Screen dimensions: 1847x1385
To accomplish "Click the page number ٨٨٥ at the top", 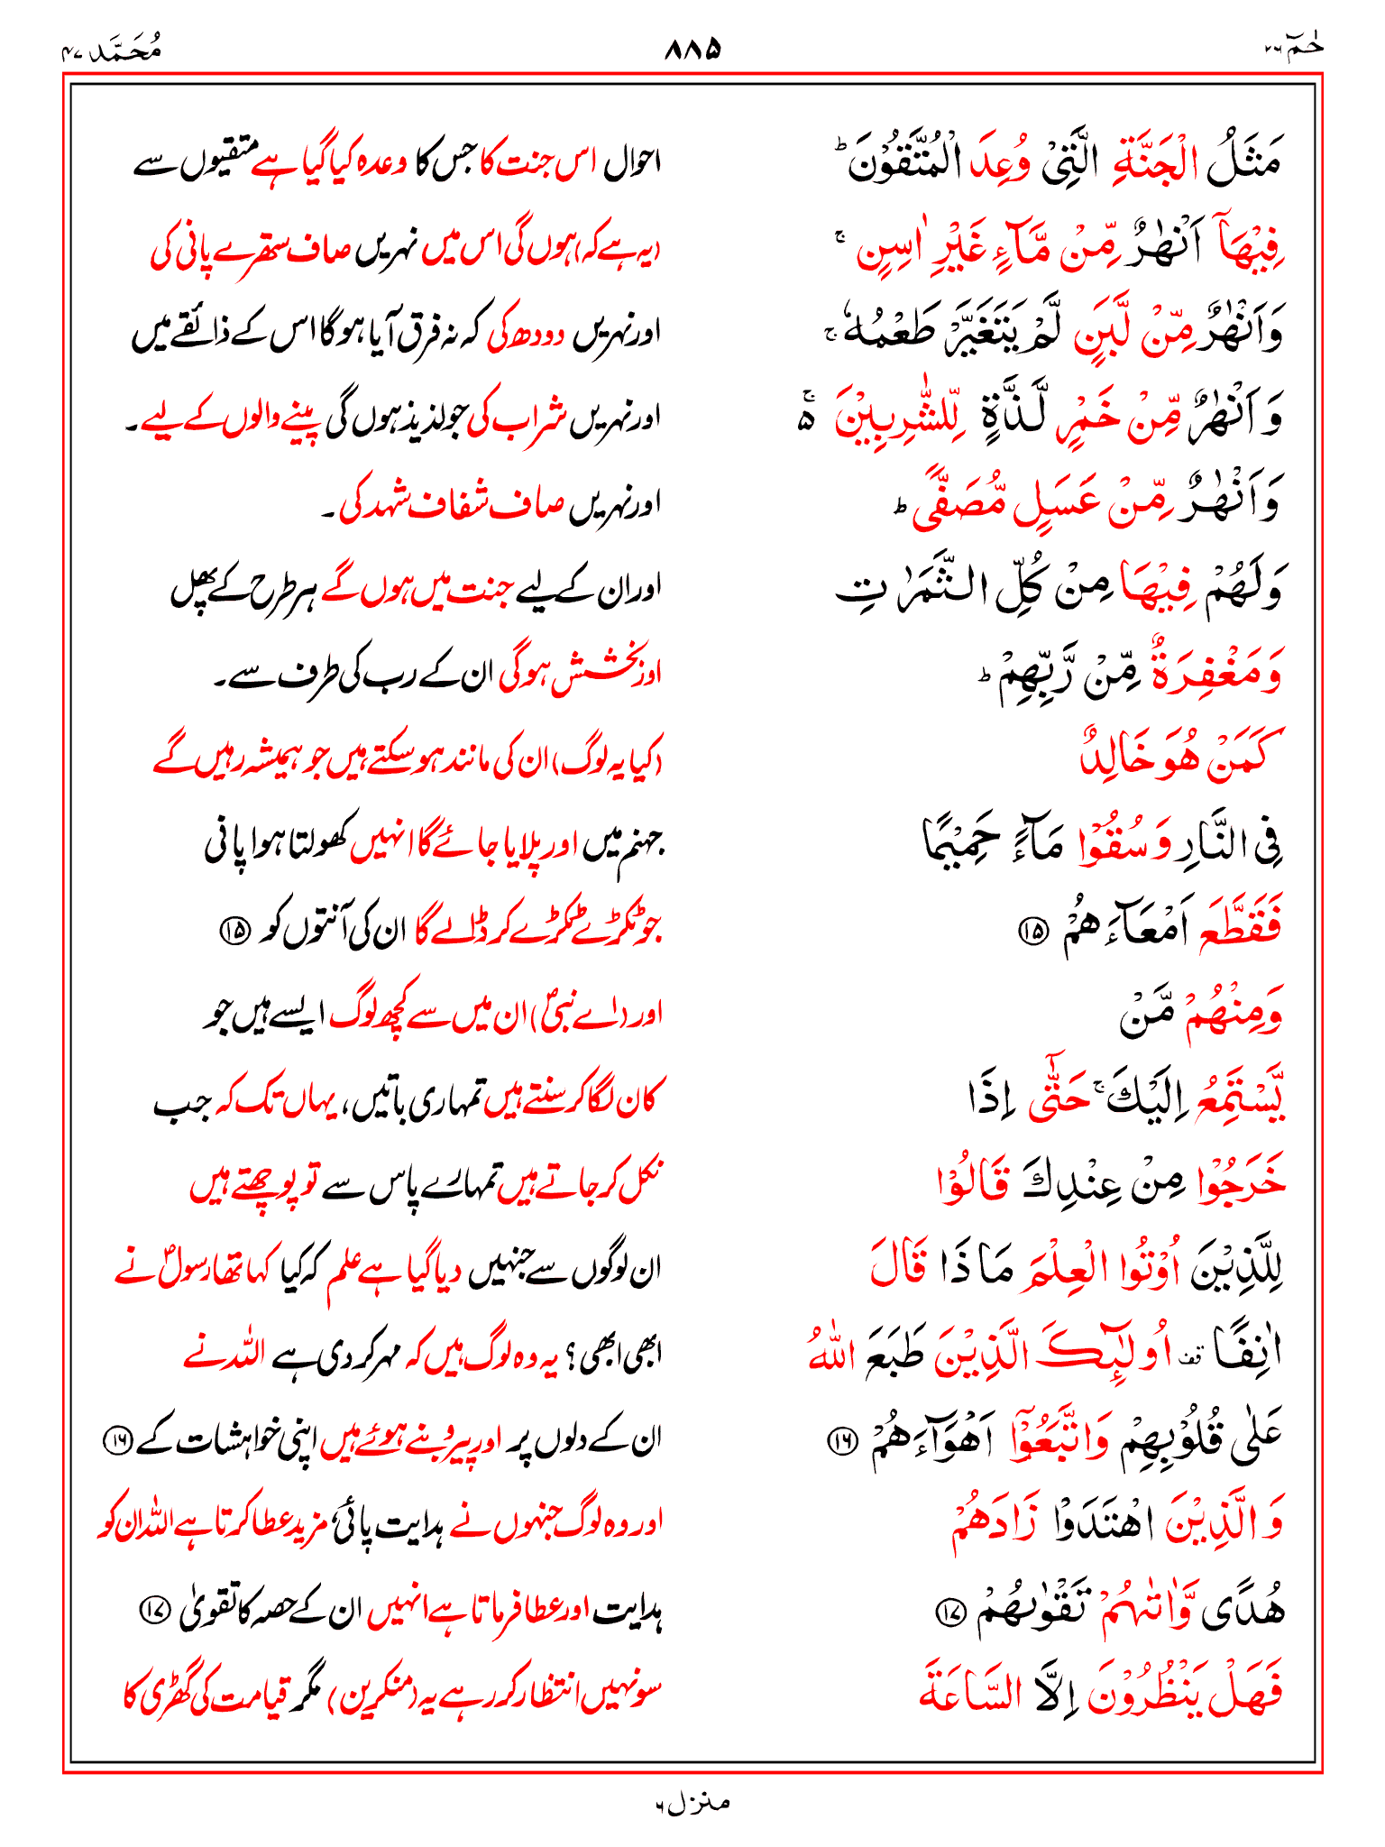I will (x=692, y=48).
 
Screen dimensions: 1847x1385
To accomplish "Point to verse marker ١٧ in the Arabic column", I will (x=950, y=1611).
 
